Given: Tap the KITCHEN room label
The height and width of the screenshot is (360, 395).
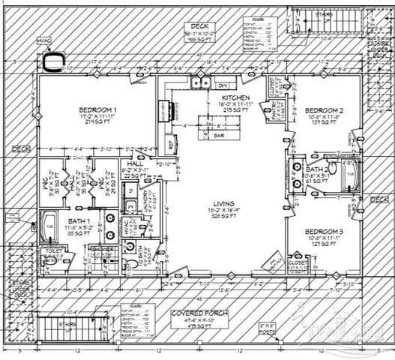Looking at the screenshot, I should point(235,98).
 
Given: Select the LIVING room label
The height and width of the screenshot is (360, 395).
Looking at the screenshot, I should point(223,203).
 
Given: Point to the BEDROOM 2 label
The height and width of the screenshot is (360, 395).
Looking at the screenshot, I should point(324,109).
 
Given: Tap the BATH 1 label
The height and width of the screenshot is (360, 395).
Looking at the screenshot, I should point(78,221).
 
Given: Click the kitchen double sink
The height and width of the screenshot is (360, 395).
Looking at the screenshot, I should point(200,84).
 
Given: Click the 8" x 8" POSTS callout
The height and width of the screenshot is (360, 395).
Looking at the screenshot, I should point(267,327).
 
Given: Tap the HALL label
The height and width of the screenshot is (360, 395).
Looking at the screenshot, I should point(134,163).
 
